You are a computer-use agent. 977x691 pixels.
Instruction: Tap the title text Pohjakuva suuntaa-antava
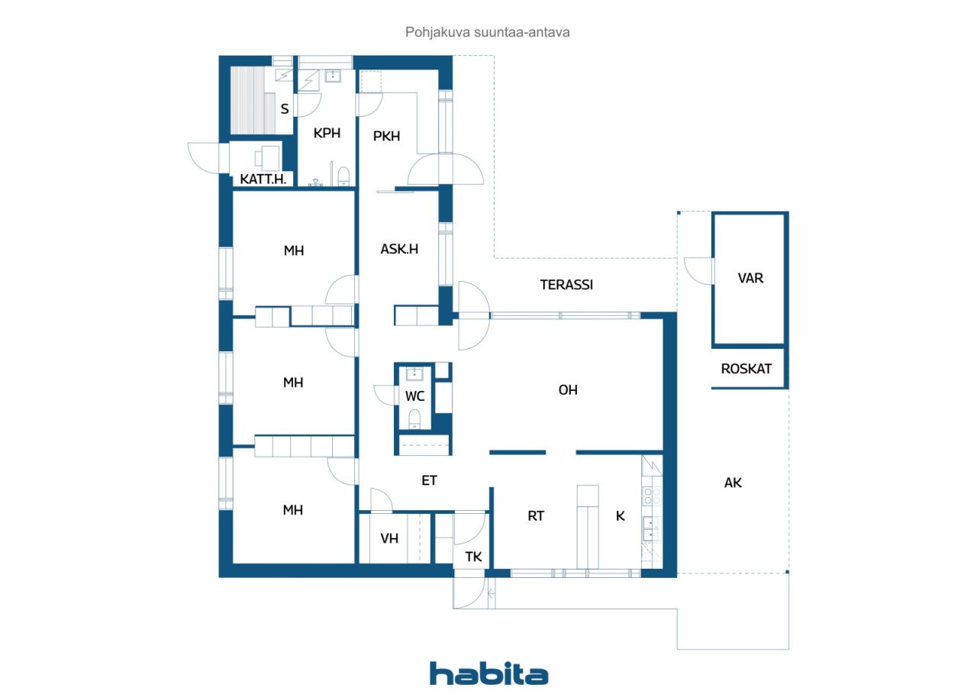(487, 32)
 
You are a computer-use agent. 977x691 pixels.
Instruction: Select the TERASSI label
(566, 285)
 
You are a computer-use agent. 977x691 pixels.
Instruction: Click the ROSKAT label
(746, 369)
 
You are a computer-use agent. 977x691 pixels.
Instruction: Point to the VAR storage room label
(750, 279)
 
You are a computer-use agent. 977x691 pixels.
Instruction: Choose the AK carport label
(733, 483)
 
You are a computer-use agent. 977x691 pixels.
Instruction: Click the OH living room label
(568, 390)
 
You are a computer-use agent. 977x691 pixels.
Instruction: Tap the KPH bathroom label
(327, 133)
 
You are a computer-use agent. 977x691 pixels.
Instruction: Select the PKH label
(386, 136)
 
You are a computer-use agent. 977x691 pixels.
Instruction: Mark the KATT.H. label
(263, 179)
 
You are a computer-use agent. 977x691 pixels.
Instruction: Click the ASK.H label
(399, 249)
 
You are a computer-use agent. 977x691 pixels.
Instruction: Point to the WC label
(414, 396)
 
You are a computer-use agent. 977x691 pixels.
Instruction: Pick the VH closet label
(389, 538)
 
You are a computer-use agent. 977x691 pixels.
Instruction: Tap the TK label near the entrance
(473, 557)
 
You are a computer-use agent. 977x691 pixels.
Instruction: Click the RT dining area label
(536, 516)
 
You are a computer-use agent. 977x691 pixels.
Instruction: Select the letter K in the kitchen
(621, 516)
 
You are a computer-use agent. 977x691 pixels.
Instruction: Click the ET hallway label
(429, 481)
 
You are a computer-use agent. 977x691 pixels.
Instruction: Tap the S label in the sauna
(285, 108)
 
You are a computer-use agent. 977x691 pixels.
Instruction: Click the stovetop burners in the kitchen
(652, 496)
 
